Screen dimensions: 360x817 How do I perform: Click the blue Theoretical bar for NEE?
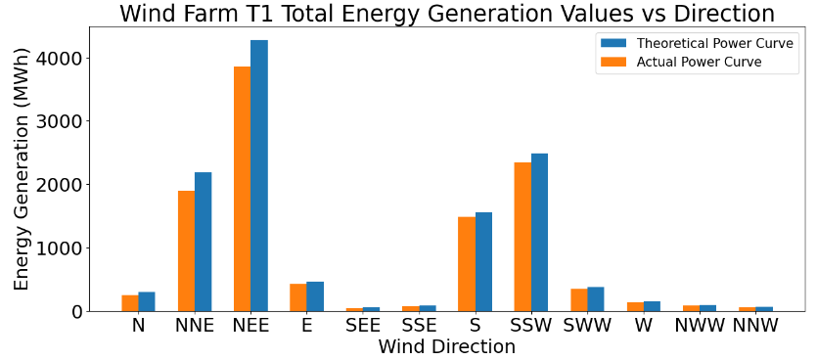click(259, 176)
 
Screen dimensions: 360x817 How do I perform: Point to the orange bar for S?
click(467, 264)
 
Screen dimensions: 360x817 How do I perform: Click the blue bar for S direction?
click(484, 262)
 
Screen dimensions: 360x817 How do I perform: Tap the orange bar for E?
click(298, 297)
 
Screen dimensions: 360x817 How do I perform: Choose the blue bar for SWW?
click(596, 299)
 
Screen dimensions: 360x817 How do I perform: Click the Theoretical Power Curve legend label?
click(714, 43)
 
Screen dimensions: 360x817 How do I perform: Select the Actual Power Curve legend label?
click(699, 62)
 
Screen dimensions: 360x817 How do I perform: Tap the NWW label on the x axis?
click(696, 326)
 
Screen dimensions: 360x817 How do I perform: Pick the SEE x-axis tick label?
click(363, 326)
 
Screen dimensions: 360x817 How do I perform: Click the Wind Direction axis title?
click(446, 347)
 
